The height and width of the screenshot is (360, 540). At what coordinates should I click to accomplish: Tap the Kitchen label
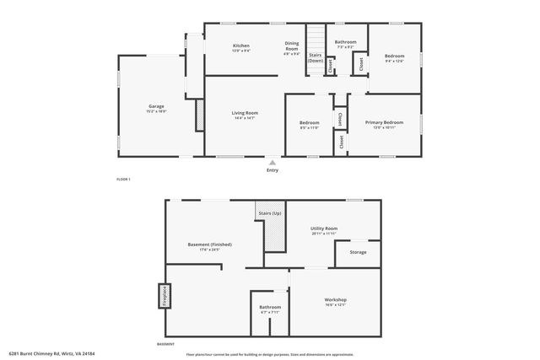click(x=241, y=46)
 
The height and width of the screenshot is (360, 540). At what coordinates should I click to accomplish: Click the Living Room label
click(x=245, y=115)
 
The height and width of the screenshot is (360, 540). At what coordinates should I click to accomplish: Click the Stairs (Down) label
click(x=315, y=57)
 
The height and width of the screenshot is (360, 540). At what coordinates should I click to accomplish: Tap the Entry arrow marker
click(x=272, y=162)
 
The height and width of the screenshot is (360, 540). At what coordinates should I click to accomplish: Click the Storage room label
click(x=358, y=252)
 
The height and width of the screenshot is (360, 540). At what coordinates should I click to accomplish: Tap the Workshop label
click(x=336, y=301)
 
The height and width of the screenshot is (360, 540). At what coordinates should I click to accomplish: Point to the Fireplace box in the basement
click(x=159, y=298)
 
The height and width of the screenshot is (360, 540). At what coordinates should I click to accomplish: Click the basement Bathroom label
click(x=270, y=309)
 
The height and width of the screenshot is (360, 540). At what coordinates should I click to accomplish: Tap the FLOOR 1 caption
click(x=123, y=180)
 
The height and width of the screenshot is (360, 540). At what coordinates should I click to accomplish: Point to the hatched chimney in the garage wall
click(x=199, y=116)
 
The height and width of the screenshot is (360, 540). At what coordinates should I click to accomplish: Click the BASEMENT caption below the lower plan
click(x=166, y=345)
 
